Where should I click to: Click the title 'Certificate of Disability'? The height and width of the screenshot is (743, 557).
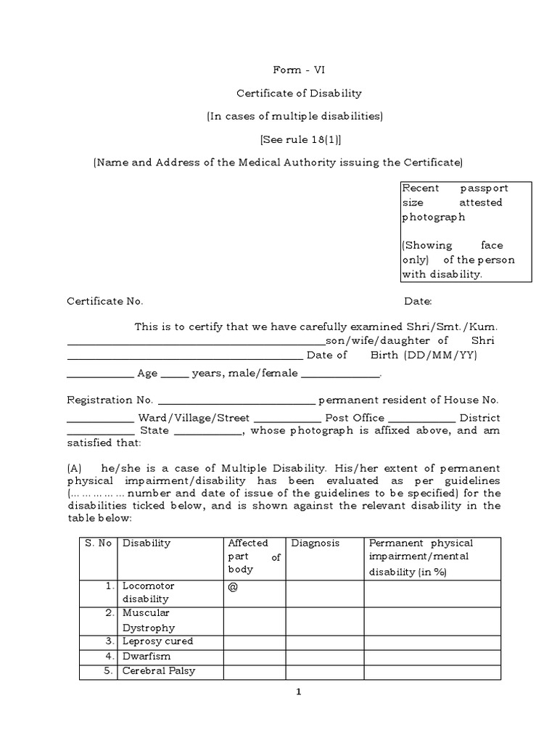299,93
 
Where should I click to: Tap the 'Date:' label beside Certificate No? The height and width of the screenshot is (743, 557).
418,301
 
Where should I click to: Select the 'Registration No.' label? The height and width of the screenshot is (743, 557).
110,400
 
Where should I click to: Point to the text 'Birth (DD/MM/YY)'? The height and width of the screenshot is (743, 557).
434,355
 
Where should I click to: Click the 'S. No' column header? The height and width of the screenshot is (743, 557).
98,543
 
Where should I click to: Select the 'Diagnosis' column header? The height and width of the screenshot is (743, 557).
315,543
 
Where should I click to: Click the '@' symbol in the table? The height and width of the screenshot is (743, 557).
233,587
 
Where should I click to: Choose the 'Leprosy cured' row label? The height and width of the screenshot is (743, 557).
157,641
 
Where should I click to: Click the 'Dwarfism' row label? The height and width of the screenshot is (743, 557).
146,656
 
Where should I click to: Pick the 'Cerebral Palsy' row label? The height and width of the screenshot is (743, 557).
159,670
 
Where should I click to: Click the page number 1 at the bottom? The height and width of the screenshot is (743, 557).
298,691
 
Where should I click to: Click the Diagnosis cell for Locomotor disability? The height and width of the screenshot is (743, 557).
324,592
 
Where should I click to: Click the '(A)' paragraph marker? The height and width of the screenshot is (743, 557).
75,468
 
